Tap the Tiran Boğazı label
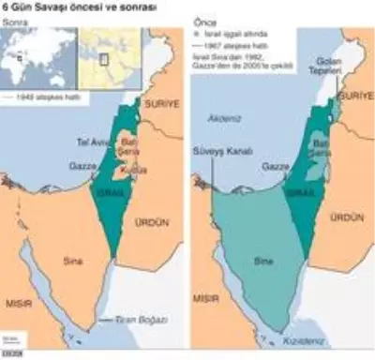(x=138, y=320)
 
